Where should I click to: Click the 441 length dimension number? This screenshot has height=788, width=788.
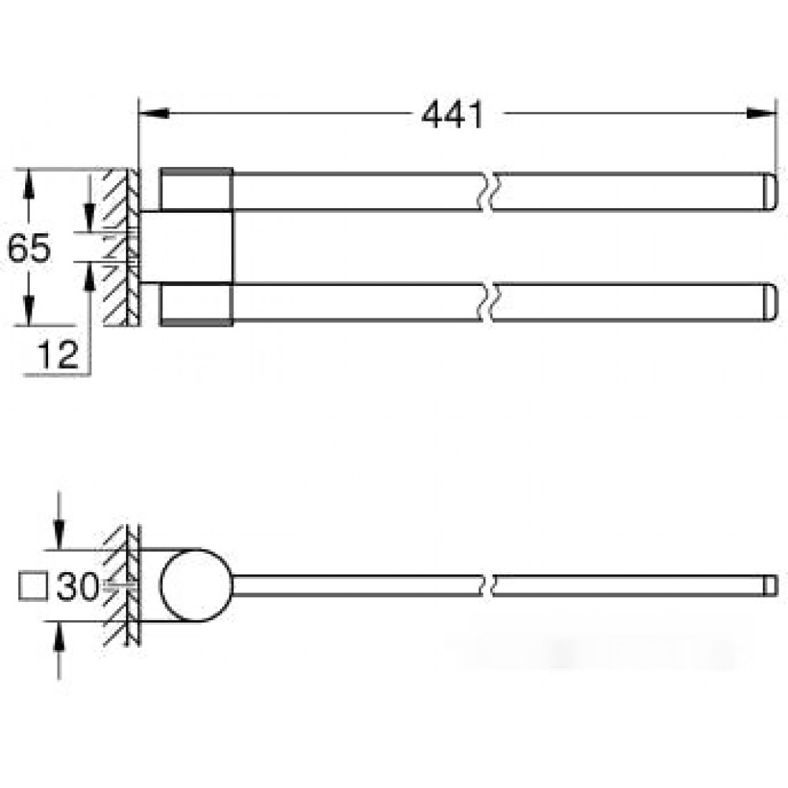point(452,115)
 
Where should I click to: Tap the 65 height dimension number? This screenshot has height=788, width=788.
point(29,247)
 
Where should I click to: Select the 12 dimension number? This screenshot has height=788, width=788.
point(58,355)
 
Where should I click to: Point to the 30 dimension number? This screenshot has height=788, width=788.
point(77,586)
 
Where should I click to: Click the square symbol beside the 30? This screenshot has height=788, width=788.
point(33,586)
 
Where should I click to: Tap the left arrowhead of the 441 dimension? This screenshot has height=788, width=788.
point(153,113)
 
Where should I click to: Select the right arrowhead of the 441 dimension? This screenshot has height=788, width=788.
point(762,113)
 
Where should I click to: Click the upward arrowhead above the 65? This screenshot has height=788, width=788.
point(28,184)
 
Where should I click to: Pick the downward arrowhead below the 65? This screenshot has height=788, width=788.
point(28,310)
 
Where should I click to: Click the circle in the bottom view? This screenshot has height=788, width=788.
point(196,585)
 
